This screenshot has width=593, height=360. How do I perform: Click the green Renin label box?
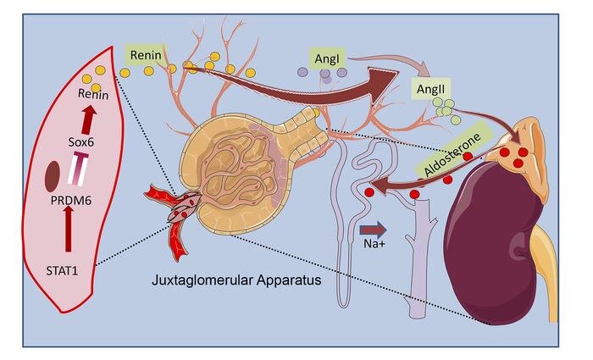(146, 55)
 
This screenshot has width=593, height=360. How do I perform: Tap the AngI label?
(327, 59)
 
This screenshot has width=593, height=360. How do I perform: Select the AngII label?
(430, 89)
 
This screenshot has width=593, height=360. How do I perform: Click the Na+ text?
(374, 244)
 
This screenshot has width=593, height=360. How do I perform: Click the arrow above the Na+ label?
(374, 230)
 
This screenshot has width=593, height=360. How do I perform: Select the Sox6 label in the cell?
(81, 142)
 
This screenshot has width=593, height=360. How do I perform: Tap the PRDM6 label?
(71, 201)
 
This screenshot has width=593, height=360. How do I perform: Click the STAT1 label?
(62, 271)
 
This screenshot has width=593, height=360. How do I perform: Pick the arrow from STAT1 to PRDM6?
(68, 228)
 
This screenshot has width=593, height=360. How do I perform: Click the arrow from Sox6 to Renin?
(88, 120)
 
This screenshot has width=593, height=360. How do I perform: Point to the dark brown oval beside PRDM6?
(53, 175)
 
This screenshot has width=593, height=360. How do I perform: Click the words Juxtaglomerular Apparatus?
(236, 280)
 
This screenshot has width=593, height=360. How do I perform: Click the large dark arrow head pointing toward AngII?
(382, 85)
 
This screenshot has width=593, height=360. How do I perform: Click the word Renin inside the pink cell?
(93, 94)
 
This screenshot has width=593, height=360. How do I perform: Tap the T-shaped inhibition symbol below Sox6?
(79, 169)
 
